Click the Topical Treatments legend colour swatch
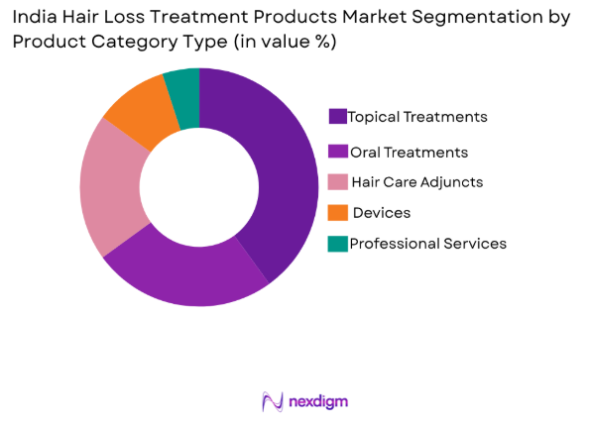pyautogui.click(x=337, y=117)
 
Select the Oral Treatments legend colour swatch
pyautogui.click(x=337, y=152)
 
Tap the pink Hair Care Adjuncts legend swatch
pyautogui.click(x=337, y=182)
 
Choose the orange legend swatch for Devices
pyautogui.click(x=337, y=213)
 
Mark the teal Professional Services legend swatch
pyautogui.click(x=337, y=244)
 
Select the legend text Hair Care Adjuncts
pyautogui.click(x=416, y=182)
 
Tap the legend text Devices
pyautogui.click(x=382, y=213)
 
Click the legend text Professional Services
pyautogui.click(x=427, y=244)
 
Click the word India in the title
pyautogui.click(x=34, y=17)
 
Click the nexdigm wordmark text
pyautogui.click(x=318, y=401)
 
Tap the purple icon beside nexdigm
pyautogui.click(x=274, y=401)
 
